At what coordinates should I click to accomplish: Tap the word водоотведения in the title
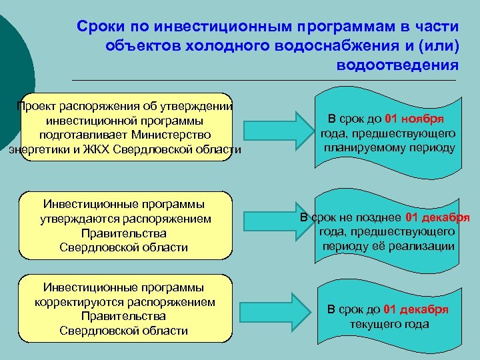click(x=398, y=65)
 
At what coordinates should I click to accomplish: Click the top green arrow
click(x=270, y=127)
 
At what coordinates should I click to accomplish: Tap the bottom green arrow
click(x=270, y=307)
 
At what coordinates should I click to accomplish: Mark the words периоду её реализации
click(x=389, y=245)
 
